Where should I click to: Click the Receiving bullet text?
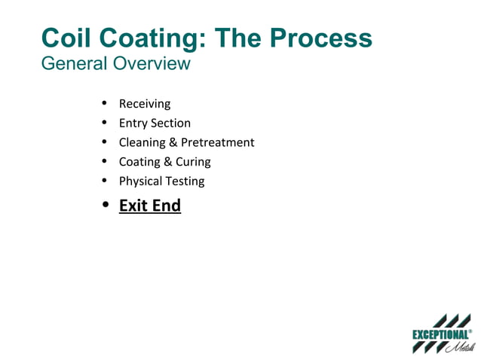tap(145, 104)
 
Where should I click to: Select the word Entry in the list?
tap(133, 123)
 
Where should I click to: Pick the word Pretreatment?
tap(218, 142)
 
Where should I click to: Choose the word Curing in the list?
tap(193, 161)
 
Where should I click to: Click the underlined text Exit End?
tap(150, 205)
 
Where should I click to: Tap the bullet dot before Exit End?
tap(106, 204)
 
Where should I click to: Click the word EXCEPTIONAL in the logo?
tap(440, 334)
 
